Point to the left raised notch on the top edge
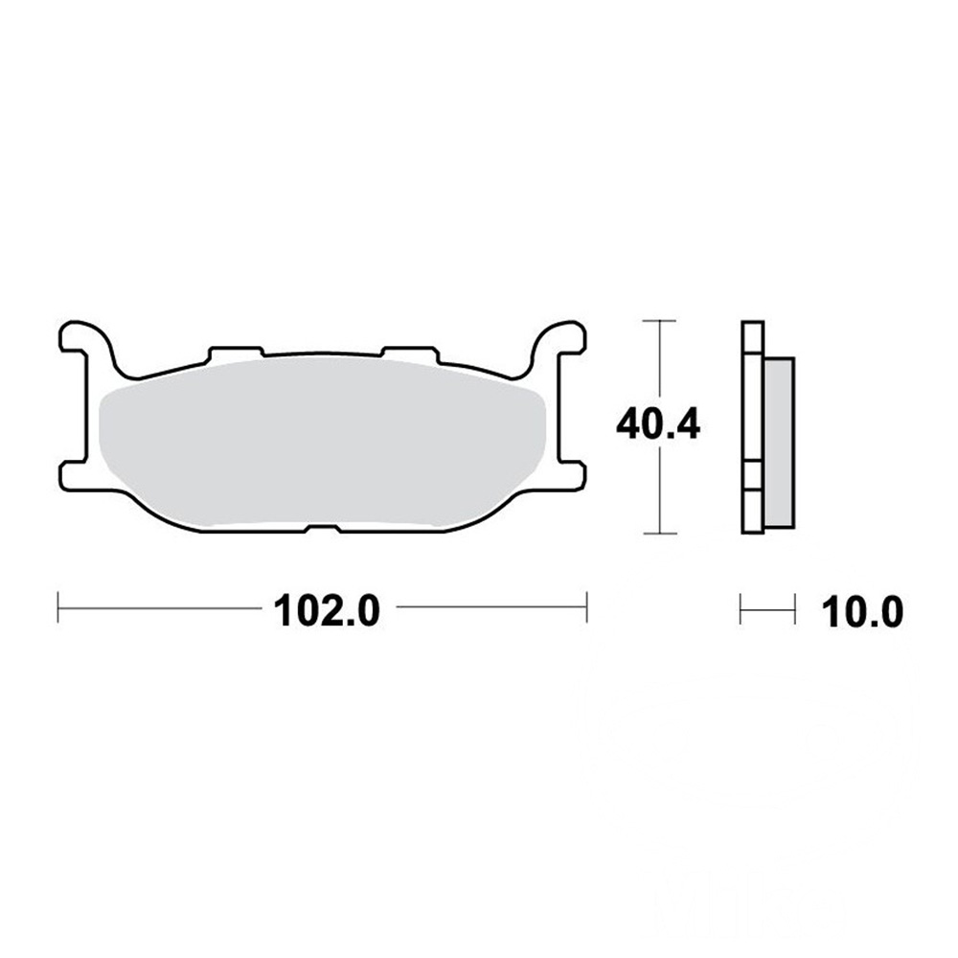coord(236,351)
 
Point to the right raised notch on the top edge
coord(409,351)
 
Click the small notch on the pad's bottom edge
coord(322,528)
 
